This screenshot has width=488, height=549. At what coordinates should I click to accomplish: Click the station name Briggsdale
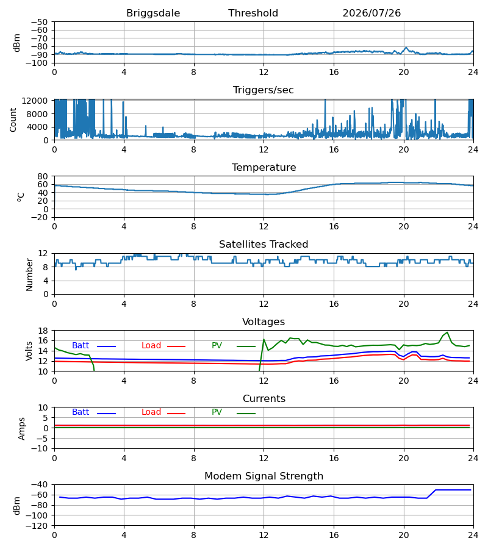click(x=153, y=13)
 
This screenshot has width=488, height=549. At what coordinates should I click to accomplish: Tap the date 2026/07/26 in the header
click(x=371, y=13)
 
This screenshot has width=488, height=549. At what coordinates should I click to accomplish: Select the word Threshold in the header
click(x=253, y=13)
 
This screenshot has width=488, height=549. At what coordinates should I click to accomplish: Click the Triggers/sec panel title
click(x=264, y=90)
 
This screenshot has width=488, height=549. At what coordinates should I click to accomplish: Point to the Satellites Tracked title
click(x=264, y=245)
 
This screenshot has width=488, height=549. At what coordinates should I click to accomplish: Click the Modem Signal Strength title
click(x=264, y=476)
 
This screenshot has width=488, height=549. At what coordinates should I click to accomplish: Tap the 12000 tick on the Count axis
click(x=35, y=101)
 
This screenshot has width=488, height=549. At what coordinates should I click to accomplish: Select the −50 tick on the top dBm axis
click(x=39, y=22)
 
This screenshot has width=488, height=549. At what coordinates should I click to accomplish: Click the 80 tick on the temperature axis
click(x=43, y=176)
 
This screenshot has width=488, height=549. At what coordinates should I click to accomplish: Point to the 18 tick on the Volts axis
click(x=43, y=331)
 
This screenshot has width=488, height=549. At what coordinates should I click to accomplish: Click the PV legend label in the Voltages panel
click(x=217, y=346)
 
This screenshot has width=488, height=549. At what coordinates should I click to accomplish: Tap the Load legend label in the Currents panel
click(x=151, y=412)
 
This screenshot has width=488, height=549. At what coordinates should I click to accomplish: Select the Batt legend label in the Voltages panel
click(x=81, y=346)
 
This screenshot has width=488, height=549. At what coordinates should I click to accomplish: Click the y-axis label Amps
click(x=22, y=428)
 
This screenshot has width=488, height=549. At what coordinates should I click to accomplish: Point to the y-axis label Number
click(x=29, y=274)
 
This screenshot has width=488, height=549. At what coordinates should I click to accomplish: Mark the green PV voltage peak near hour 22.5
click(x=447, y=332)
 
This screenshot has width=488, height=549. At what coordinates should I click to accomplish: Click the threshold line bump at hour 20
click(x=406, y=47)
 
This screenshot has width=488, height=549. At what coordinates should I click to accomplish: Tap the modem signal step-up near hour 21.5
click(x=431, y=493)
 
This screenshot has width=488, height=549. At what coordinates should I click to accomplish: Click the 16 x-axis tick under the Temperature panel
click(x=334, y=226)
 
